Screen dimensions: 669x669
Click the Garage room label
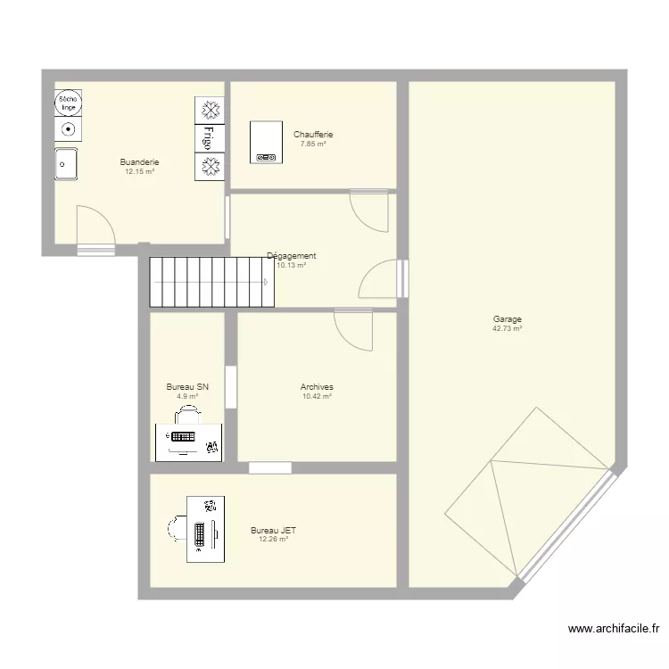(x=508, y=319)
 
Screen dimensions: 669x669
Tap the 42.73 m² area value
(x=508, y=328)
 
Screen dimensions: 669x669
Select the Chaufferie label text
(x=313, y=135)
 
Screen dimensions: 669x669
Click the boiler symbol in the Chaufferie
(x=266, y=142)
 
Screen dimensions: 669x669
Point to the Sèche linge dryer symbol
(x=69, y=103)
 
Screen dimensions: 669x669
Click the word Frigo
(x=209, y=137)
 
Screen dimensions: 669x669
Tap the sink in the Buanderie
(x=66, y=164)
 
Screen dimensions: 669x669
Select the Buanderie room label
(x=139, y=162)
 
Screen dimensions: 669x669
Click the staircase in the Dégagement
(x=211, y=282)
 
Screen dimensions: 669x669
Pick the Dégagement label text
(x=292, y=256)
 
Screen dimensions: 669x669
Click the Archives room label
(x=317, y=387)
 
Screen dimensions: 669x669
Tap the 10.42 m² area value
(x=317, y=396)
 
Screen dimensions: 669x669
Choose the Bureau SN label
(x=187, y=387)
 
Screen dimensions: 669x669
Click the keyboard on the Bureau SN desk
(x=183, y=436)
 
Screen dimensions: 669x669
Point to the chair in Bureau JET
(x=178, y=528)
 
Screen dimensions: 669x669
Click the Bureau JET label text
(x=274, y=531)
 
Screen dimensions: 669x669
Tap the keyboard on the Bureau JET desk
(x=200, y=534)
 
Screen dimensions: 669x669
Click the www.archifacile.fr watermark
(x=614, y=629)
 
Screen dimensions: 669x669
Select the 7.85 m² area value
(x=313, y=145)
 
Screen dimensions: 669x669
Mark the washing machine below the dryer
(x=69, y=129)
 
